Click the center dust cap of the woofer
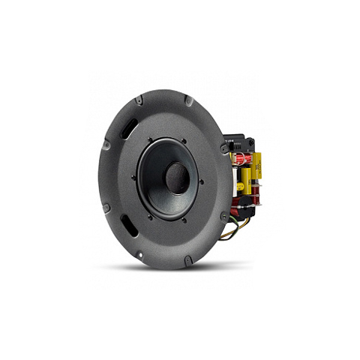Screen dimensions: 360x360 pyautogui.click(x=177, y=177)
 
